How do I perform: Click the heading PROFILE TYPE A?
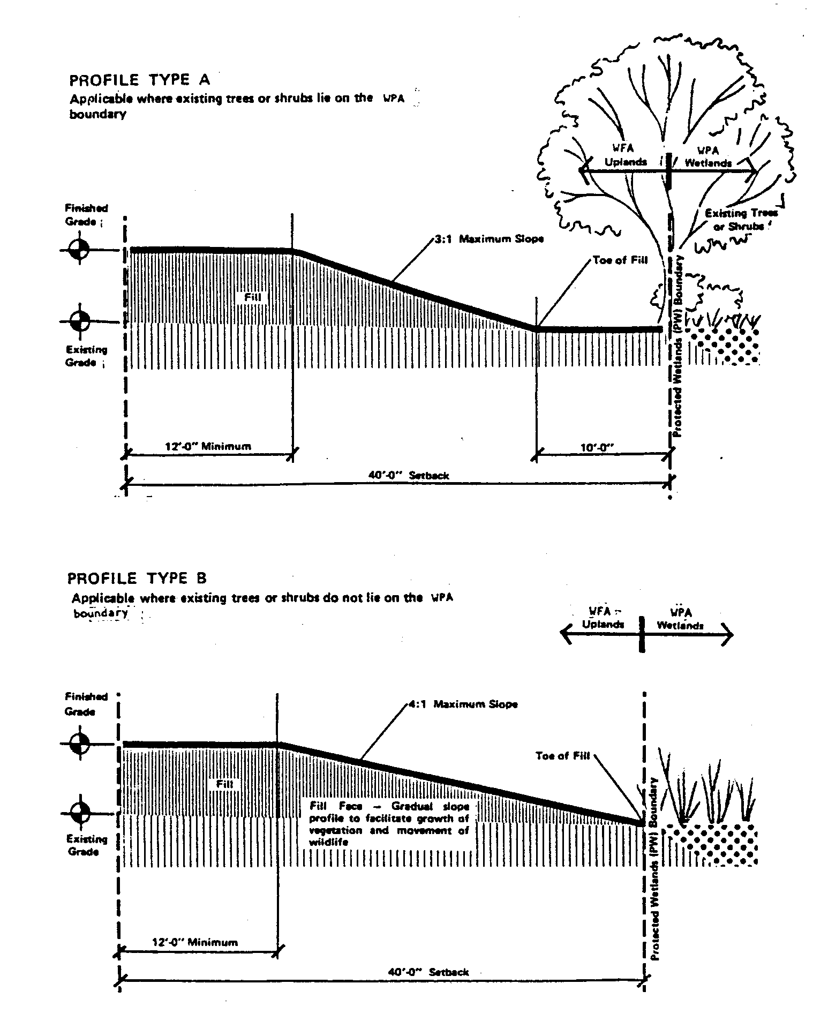click(140, 80)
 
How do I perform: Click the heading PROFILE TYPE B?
click(137, 579)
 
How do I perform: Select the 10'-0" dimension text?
click(596, 447)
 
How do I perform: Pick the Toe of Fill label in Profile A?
click(620, 260)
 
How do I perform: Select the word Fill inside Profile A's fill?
click(252, 296)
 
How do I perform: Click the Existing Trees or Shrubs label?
click(741, 220)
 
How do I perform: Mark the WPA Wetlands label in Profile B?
click(680, 619)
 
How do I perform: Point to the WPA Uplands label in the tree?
click(626, 155)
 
